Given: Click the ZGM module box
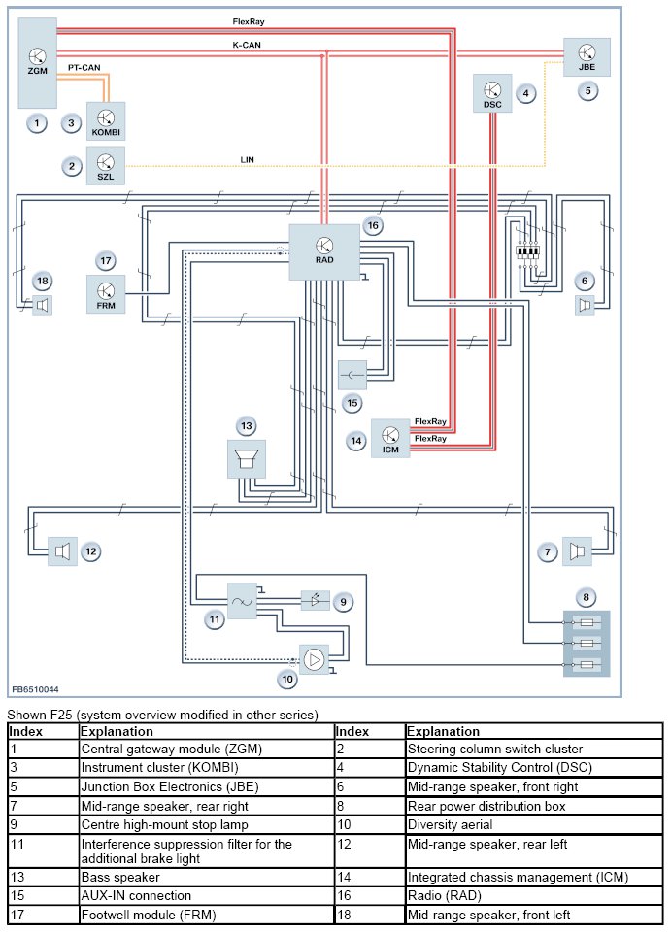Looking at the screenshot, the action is click(37, 63).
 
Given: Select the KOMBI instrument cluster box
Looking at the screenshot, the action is click(106, 121).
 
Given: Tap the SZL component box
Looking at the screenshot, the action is click(106, 166).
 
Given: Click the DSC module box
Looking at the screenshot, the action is click(492, 93).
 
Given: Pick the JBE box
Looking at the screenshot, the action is click(587, 57).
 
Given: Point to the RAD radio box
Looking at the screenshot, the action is click(324, 251).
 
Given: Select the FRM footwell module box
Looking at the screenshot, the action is click(106, 294).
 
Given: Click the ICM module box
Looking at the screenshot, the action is click(390, 439).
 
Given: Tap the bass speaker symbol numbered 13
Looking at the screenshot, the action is click(247, 459).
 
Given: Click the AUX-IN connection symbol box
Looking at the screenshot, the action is click(352, 375).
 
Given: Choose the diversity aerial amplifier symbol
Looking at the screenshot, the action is click(314, 659).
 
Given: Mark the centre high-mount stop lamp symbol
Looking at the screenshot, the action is click(316, 600).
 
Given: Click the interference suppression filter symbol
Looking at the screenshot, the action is click(243, 601).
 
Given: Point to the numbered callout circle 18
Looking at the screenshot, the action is click(43, 281).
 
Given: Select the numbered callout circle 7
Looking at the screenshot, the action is click(548, 551).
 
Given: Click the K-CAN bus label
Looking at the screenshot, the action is click(247, 45).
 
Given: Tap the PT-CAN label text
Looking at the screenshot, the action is click(84, 68).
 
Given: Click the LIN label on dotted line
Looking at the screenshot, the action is click(247, 160).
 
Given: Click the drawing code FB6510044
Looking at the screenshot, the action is click(36, 689).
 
